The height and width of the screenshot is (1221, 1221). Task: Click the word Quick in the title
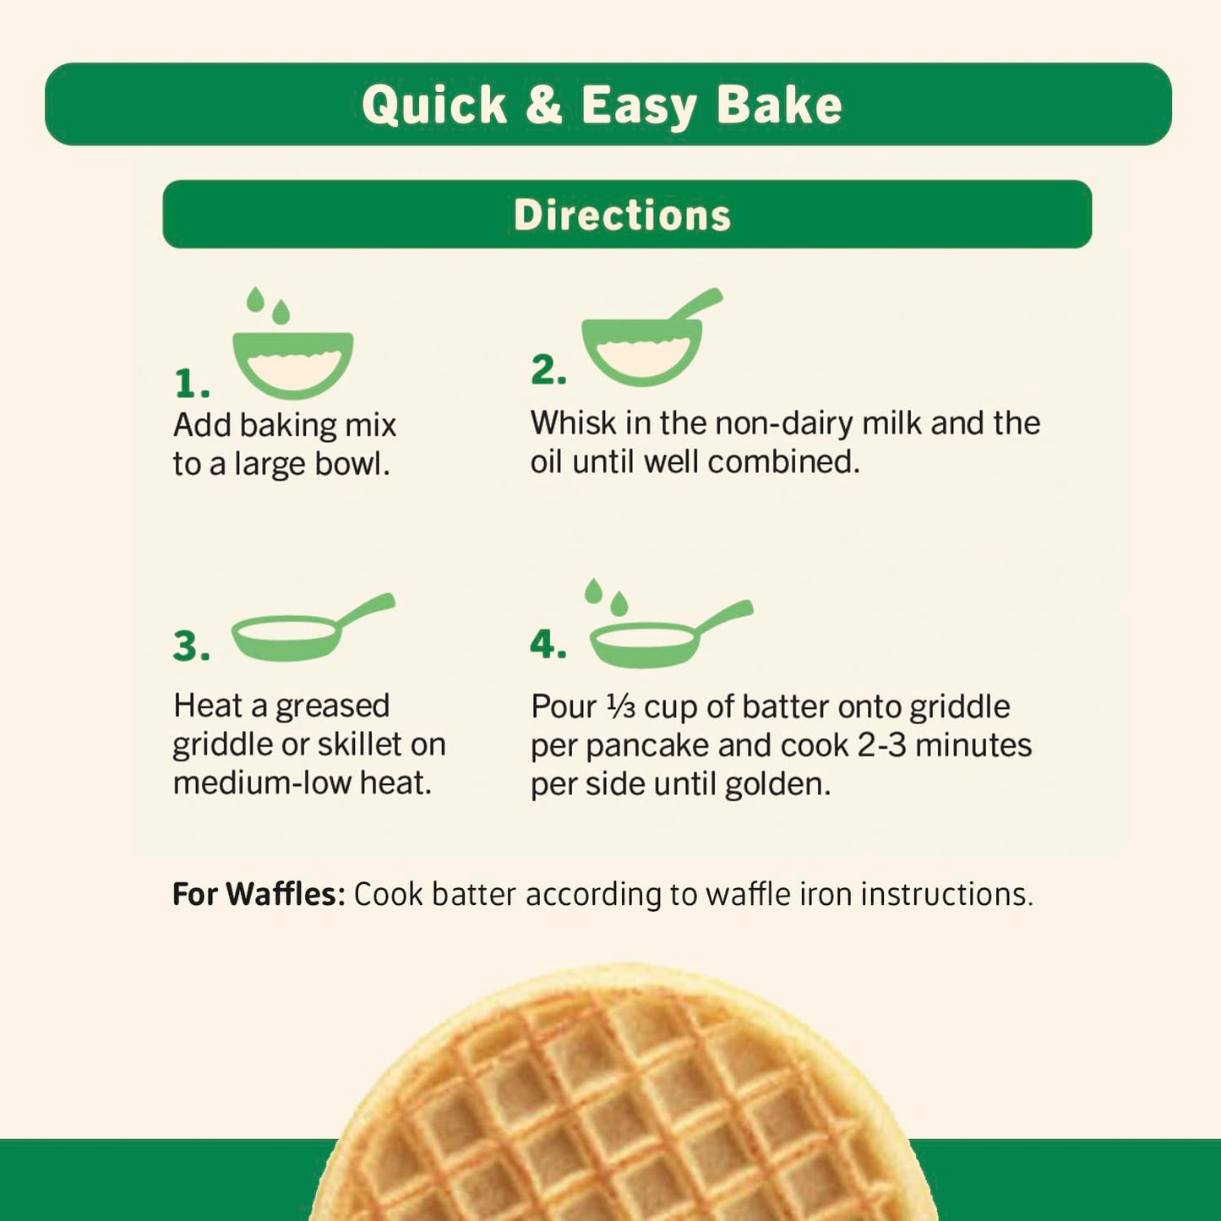(x=434, y=106)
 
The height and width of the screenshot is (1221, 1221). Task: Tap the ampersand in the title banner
(x=543, y=105)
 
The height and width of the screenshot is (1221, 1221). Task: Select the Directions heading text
(x=622, y=215)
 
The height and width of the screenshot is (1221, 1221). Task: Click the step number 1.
(x=191, y=384)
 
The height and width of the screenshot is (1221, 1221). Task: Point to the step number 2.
(x=548, y=370)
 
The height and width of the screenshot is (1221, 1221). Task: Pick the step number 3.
(x=191, y=646)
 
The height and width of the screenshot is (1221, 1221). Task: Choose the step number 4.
(x=548, y=645)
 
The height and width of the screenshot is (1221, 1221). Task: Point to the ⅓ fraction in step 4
(x=621, y=706)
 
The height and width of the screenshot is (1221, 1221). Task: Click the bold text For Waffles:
(x=259, y=894)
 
